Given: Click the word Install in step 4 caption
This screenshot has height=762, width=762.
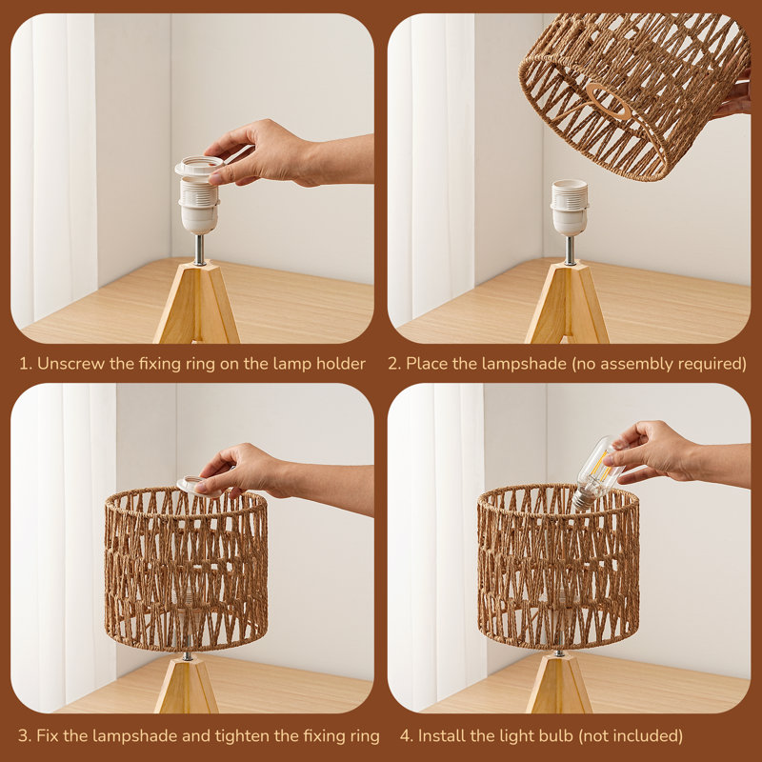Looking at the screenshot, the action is pyautogui.click(x=440, y=735).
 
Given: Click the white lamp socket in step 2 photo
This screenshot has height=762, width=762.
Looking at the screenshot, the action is pyautogui.click(x=569, y=208).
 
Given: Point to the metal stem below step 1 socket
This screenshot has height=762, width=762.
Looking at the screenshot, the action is pyautogui.click(x=200, y=250).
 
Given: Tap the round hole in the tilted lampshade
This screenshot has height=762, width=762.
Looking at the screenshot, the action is pyautogui.click(x=609, y=102).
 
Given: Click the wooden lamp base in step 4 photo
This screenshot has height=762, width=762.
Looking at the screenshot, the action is pyautogui.click(x=559, y=683).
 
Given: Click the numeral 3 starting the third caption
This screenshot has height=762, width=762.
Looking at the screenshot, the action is pyautogui.click(x=23, y=736).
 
